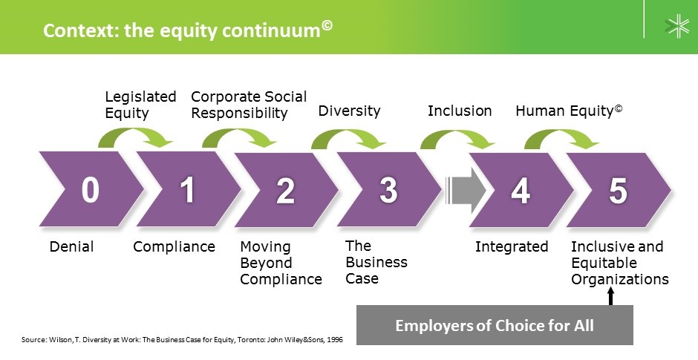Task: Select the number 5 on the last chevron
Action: coord(618,191)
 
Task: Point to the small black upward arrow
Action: coord(610,296)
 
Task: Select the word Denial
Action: coord(72,246)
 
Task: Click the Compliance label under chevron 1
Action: coord(174,247)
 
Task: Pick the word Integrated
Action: coord(512,247)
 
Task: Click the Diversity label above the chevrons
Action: coord(350,111)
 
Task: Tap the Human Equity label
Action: coord(569,111)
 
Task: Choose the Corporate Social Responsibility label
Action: coord(249,105)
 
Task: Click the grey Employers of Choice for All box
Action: coord(495,325)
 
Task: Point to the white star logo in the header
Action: coord(677,26)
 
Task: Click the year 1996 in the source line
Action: coord(335,340)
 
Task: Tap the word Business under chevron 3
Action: coord(376,263)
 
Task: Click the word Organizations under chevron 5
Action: coord(620,280)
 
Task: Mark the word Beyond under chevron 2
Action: coord(266,264)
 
